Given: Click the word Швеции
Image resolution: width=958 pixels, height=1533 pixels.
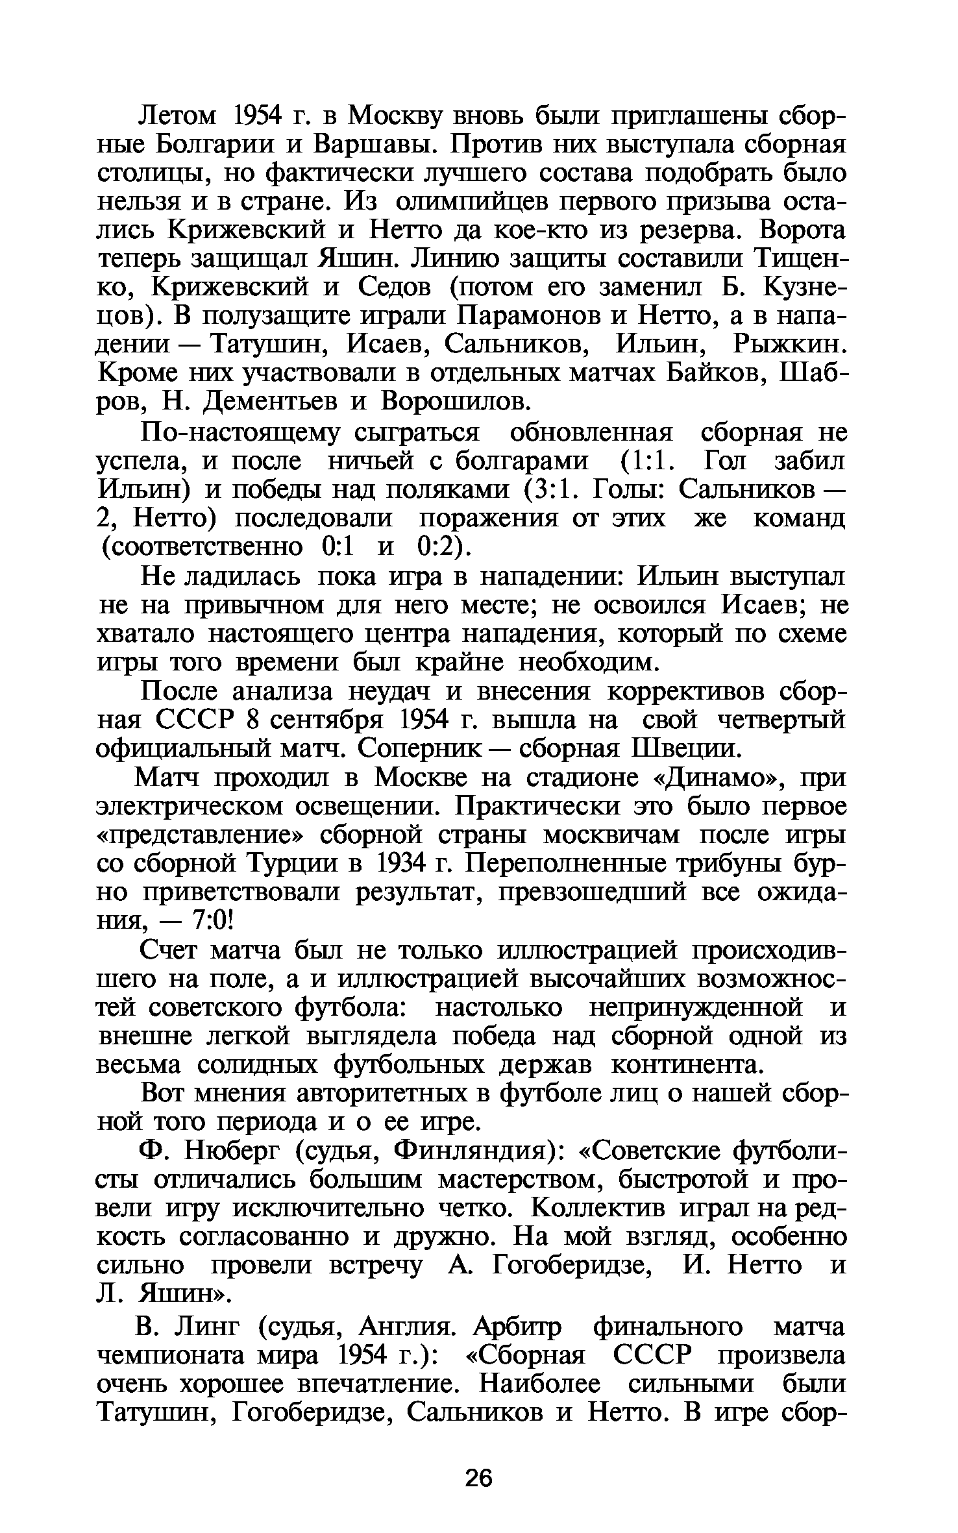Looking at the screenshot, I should tap(685, 749).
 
